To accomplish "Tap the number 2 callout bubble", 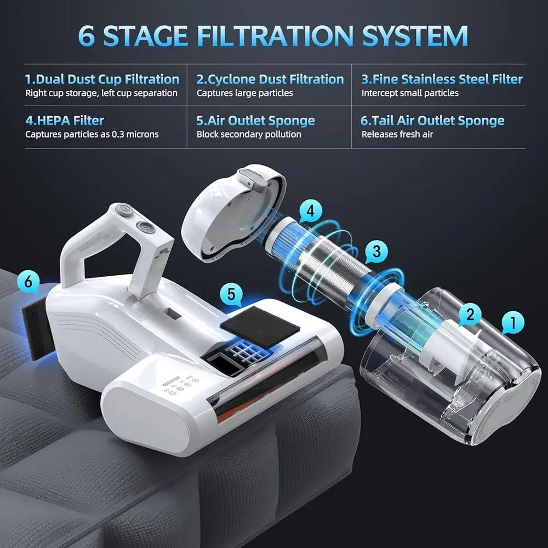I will [x=470, y=313].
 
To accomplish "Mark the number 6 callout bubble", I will [x=28, y=282].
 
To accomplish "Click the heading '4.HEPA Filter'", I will [x=65, y=121].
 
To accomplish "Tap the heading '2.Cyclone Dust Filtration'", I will [x=270, y=79].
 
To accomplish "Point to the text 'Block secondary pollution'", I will [x=249, y=134].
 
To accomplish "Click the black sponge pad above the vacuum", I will [x=260, y=327].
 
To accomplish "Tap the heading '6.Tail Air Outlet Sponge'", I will [x=433, y=121].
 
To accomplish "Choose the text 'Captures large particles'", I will [x=245, y=93].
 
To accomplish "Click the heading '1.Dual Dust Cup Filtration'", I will [x=102, y=79].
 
